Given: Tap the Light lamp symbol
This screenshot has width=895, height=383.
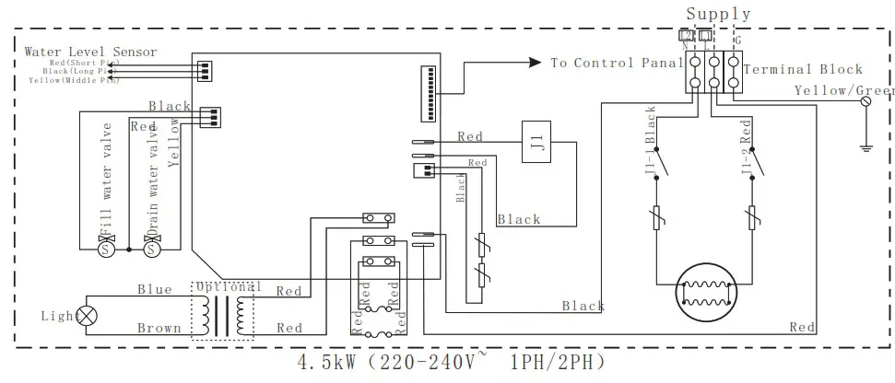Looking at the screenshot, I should (88, 315).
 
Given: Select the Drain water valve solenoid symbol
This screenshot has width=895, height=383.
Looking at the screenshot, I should (150, 249).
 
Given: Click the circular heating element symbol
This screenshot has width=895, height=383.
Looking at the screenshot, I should (709, 293).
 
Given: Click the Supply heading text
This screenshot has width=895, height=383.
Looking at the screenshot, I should (718, 14).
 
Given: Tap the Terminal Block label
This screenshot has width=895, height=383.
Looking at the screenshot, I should (802, 69).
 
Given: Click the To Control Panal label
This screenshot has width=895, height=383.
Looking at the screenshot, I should (616, 63).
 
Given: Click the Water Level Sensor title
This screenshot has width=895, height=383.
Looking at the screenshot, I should (90, 52).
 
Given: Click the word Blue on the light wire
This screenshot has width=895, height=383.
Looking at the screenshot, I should (154, 289).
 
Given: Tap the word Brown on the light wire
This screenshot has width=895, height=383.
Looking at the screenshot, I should (159, 328).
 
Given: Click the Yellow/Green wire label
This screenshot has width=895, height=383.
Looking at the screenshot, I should (843, 90).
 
